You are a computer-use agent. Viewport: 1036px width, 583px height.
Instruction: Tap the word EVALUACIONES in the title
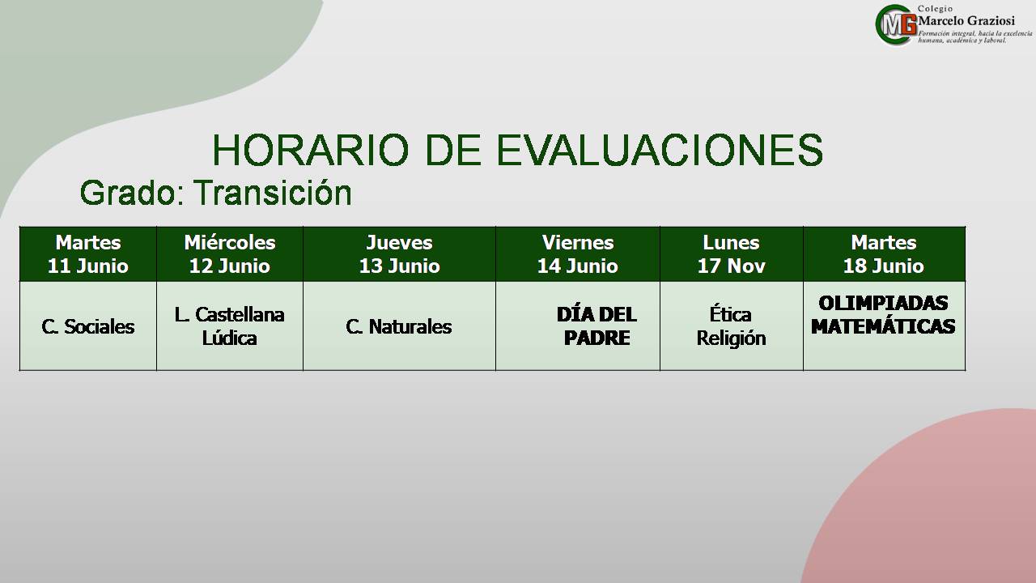(x=660, y=150)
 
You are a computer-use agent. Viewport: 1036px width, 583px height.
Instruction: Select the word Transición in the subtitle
(x=273, y=193)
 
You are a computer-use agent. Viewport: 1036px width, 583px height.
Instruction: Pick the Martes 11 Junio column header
(x=88, y=254)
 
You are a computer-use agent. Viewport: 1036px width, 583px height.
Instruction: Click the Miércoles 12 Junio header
(x=230, y=254)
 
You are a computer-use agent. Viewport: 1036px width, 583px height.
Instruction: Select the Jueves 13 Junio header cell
(x=400, y=254)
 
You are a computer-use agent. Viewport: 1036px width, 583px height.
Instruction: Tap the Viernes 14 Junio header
(x=578, y=254)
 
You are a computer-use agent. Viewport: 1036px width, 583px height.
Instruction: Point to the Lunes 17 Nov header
(x=731, y=254)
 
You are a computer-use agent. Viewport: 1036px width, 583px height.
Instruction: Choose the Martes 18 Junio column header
(x=884, y=254)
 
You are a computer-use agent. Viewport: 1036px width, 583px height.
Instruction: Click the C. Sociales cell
(x=88, y=326)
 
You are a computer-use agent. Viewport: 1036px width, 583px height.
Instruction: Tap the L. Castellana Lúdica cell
(x=229, y=326)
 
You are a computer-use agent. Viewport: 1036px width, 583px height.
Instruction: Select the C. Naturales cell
(x=399, y=326)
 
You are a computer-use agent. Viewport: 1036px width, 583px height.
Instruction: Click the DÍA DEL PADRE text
(x=597, y=326)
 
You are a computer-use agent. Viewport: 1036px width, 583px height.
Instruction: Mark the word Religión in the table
(x=731, y=338)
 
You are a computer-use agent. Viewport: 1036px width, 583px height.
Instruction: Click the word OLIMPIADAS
(x=883, y=303)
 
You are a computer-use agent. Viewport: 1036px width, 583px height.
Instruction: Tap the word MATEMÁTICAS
(x=883, y=326)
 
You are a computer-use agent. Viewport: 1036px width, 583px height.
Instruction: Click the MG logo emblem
(x=896, y=25)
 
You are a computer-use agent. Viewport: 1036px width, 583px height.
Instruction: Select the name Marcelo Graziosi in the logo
(x=966, y=21)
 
